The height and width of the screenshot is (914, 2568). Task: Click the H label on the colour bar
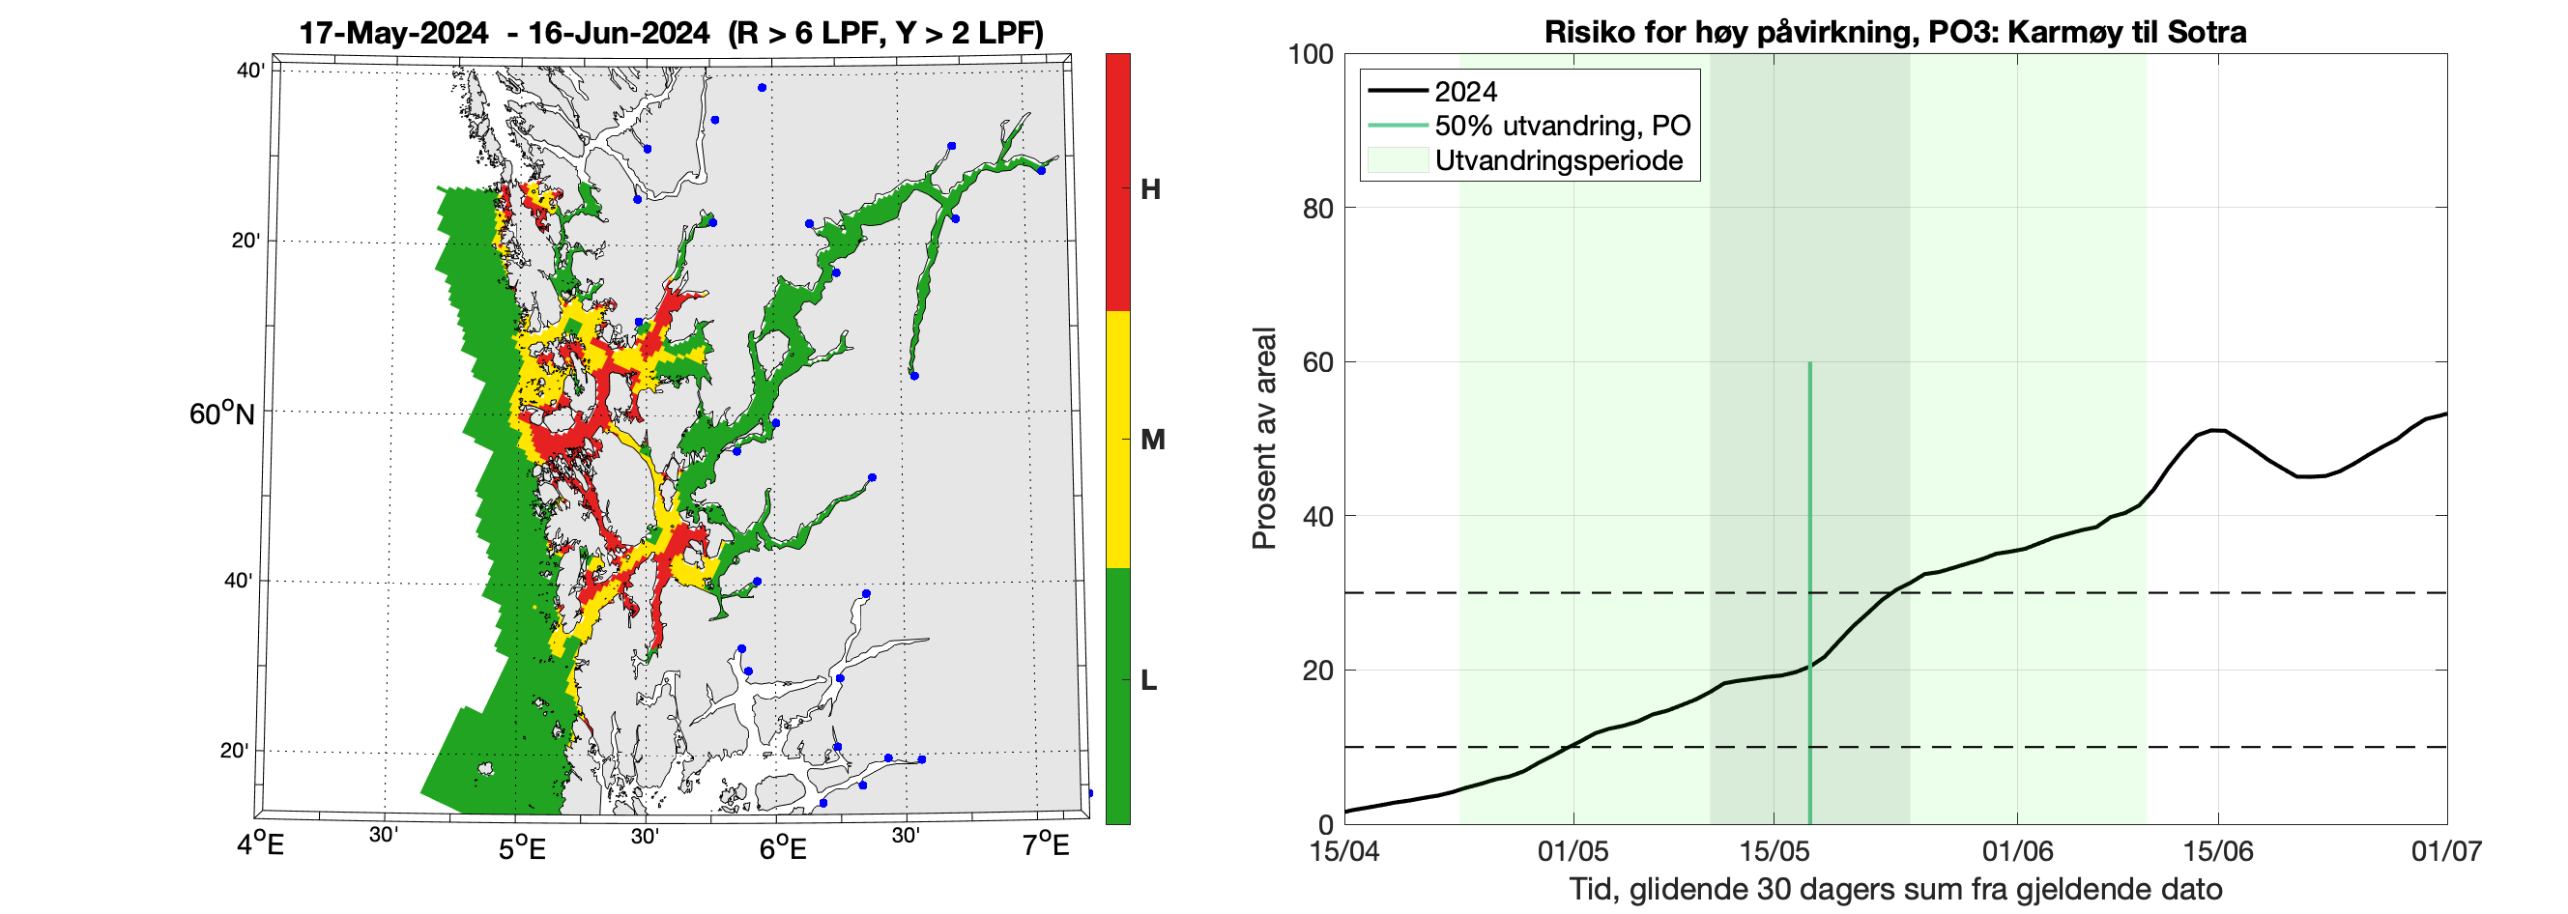coord(1150,189)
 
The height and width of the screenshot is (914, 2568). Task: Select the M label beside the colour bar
coord(1152,440)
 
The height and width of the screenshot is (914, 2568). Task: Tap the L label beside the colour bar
coord(1148,681)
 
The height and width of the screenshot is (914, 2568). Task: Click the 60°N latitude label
coord(221,414)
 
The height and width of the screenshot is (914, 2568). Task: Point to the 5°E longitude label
coord(522,848)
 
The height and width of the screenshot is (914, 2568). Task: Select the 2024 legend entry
coord(1465,92)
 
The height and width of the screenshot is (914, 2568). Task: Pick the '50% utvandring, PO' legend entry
coord(1562,126)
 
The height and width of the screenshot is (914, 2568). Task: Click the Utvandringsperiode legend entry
coord(1558,160)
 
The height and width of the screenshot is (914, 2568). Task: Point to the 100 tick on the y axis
coord(1310,54)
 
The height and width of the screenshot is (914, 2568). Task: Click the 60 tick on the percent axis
coord(1317,361)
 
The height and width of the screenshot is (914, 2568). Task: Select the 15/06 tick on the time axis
coord(2218,851)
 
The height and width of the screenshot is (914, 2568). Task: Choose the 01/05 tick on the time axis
coord(1573,851)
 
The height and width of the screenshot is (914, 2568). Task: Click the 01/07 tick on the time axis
coord(2446,851)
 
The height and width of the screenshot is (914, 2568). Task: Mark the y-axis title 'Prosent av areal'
coord(1264,439)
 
